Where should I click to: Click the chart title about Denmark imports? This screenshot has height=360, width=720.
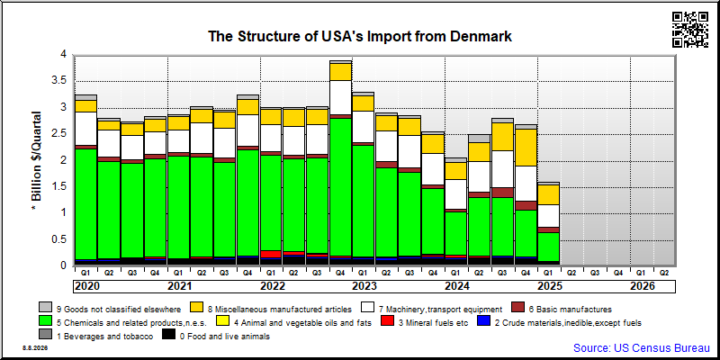360,36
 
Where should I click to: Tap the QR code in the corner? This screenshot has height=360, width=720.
689,30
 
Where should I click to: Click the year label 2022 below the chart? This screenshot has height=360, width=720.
273,286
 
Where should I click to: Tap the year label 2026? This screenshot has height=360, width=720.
642,286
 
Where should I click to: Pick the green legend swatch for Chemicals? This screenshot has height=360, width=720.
46,322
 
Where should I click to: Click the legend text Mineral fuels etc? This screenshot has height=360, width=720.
433,323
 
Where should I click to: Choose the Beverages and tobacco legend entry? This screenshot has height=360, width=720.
96,337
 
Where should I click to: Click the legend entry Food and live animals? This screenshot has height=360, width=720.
216,337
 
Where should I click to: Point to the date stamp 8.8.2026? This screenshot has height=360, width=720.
35,348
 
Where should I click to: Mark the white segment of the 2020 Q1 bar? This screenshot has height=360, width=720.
85,129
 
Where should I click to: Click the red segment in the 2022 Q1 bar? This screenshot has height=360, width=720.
272,254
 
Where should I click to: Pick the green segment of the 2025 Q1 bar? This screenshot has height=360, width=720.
549,247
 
